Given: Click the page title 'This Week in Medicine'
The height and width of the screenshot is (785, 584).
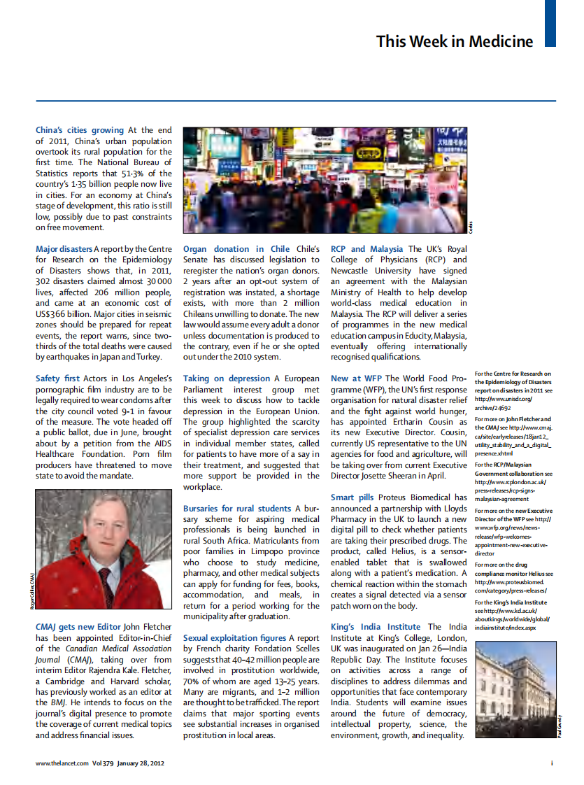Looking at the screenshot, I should [x=454, y=41].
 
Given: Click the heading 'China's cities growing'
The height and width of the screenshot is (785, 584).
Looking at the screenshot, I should [x=80, y=130].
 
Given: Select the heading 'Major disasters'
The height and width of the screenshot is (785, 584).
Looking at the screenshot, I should [x=64, y=249].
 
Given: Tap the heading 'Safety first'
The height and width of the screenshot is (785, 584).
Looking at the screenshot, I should [x=57, y=379].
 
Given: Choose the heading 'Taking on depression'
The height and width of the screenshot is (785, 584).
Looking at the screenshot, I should [x=227, y=379].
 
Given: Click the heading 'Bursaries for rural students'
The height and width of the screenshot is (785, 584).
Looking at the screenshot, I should [x=237, y=509].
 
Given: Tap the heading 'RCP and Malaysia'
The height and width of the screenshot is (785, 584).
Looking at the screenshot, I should [x=366, y=249].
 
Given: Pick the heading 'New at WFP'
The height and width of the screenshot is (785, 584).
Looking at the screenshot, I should [x=356, y=379].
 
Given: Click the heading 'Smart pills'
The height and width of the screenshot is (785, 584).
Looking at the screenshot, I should [x=352, y=497].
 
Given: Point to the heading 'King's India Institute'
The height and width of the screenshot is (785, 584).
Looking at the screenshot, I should [x=376, y=627].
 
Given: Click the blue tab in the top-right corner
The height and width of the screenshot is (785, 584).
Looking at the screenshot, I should [x=550, y=23].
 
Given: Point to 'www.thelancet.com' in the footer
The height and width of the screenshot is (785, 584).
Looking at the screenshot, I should [x=62, y=763].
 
